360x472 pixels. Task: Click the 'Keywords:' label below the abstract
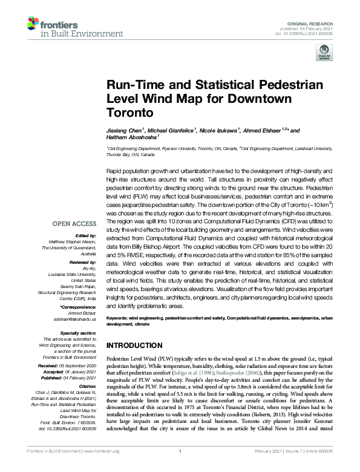pos(120,318)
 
